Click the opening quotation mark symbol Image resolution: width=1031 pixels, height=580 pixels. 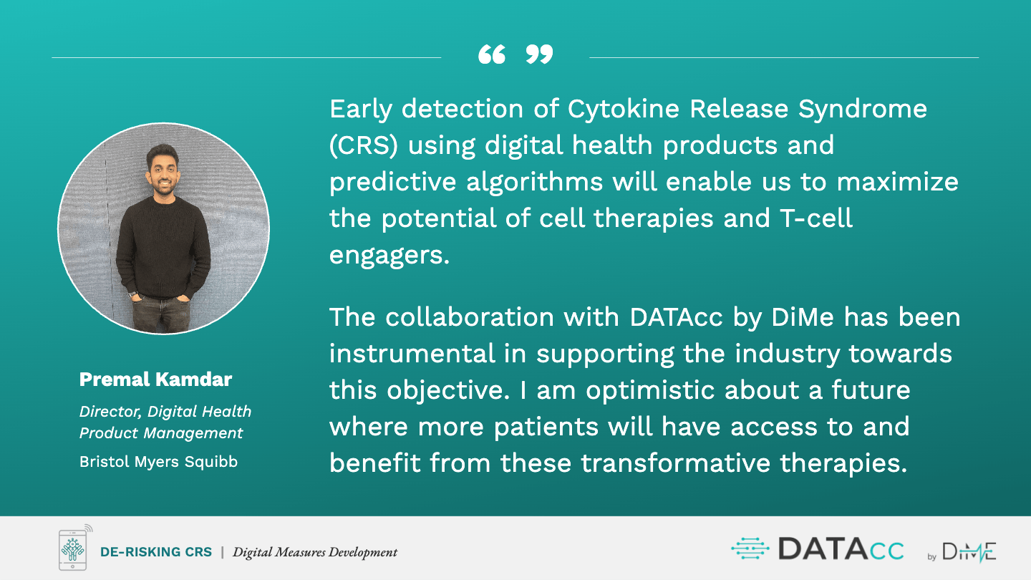tap(492, 54)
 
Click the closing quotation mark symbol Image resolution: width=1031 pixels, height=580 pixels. tap(539, 54)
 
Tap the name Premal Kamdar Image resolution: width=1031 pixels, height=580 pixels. tap(155, 380)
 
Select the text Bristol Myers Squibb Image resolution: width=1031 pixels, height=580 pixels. tap(158, 462)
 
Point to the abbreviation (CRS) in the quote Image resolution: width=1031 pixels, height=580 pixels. tap(364, 145)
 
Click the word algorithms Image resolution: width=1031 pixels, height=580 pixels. tap(534, 183)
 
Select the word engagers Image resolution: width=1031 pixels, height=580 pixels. tap(389, 256)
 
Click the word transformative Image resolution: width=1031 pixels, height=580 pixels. tap(675, 463)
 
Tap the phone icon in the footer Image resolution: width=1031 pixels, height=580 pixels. tap(74, 548)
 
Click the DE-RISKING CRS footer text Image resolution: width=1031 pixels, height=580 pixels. tap(156, 552)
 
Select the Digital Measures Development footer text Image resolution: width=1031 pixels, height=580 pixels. tap(315, 552)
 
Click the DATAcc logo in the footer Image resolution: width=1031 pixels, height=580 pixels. tap(818, 549)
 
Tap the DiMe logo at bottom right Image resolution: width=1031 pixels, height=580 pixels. tap(962, 552)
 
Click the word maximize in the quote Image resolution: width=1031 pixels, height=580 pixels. tap(898, 182)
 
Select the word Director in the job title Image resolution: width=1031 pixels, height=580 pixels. tap(110, 412)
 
